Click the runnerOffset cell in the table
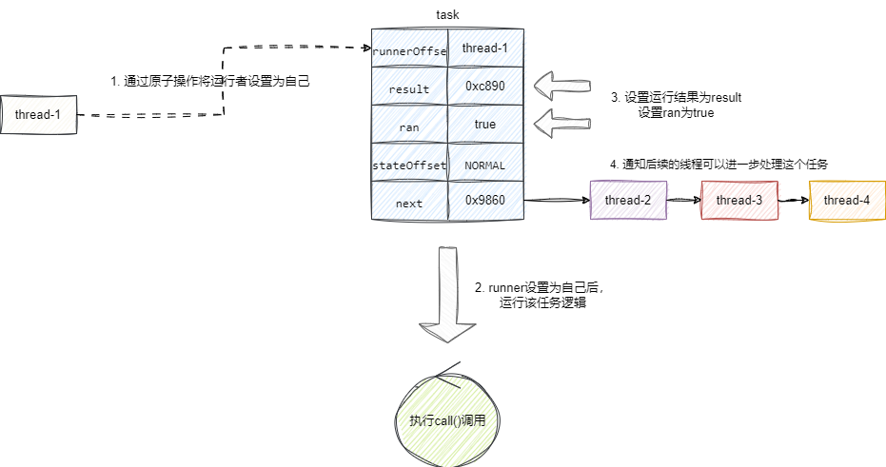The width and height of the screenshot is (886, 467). (x=409, y=49)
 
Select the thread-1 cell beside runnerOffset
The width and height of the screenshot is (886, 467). (x=485, y=49)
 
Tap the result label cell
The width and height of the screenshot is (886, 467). (x=409, y=87)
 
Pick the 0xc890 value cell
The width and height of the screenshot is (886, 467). (x=485, y=87)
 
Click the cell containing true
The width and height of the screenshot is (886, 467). (x=485, y=125)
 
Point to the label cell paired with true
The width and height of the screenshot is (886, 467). (x=409, y=125)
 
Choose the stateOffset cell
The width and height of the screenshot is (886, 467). (x=409, y=164)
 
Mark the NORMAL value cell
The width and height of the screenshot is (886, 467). (x=485, y=164)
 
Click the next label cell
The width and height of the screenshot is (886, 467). (x=409, y=202)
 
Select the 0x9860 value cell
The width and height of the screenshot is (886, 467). (x=485, y=202)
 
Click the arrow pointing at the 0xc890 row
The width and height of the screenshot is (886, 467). (x=562, y=86)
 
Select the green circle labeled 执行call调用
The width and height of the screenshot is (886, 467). (x=447, y=419)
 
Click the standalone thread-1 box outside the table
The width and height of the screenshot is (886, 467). (x=39, y=115)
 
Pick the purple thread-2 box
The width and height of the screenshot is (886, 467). (x=628, y=200)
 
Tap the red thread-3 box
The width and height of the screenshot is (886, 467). (x=739, y=200)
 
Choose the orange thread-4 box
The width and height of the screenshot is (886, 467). (x=846, y=200)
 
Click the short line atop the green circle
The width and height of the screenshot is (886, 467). (x=449, y=367)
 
